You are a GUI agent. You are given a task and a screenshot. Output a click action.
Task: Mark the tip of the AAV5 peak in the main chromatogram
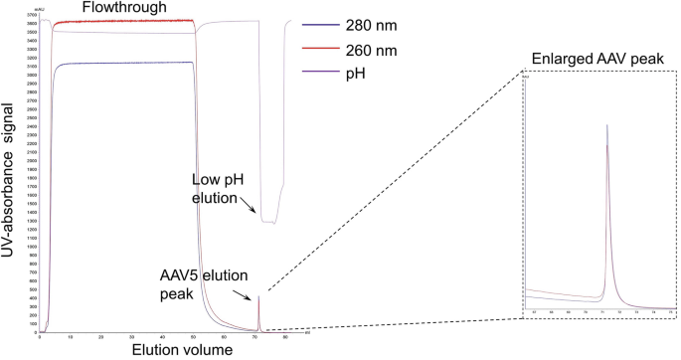pyautogui.click(x=258, y=296)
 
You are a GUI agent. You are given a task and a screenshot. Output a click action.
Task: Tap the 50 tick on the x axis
pyautogui.click(x=193, y=338)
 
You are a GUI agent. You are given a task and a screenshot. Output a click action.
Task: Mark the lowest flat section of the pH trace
pyautogui.click(x=269, y=222)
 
